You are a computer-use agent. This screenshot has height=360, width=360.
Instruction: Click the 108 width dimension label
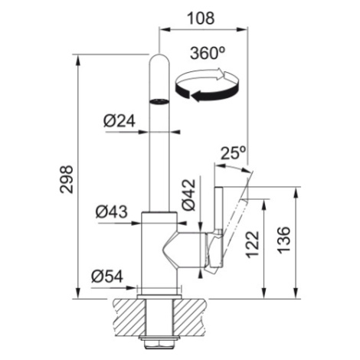[201, 18]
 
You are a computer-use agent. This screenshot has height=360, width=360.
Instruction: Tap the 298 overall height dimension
[67, 179]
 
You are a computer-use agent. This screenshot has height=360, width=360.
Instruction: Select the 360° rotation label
[208, 54]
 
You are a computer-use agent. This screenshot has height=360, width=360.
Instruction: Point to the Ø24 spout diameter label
[119, 121]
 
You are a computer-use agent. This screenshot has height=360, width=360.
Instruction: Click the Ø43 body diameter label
[112, 211]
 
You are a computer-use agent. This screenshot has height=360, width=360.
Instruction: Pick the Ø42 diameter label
[188, 195]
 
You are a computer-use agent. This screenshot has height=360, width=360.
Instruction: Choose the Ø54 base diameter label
[107, 276]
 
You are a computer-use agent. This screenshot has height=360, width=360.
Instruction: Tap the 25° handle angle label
[233, 153]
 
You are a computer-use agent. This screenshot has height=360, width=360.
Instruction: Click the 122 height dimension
[252, 244]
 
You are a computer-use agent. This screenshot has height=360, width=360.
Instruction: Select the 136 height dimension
[284, 240]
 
